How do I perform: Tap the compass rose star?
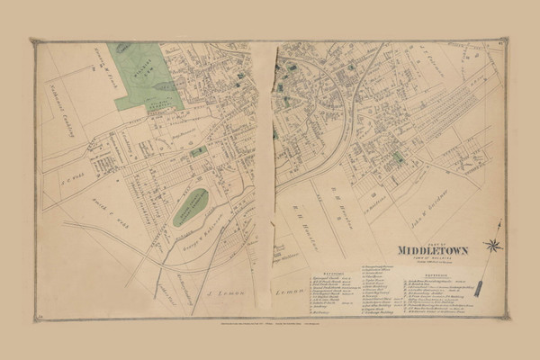(x=492, y=245)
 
